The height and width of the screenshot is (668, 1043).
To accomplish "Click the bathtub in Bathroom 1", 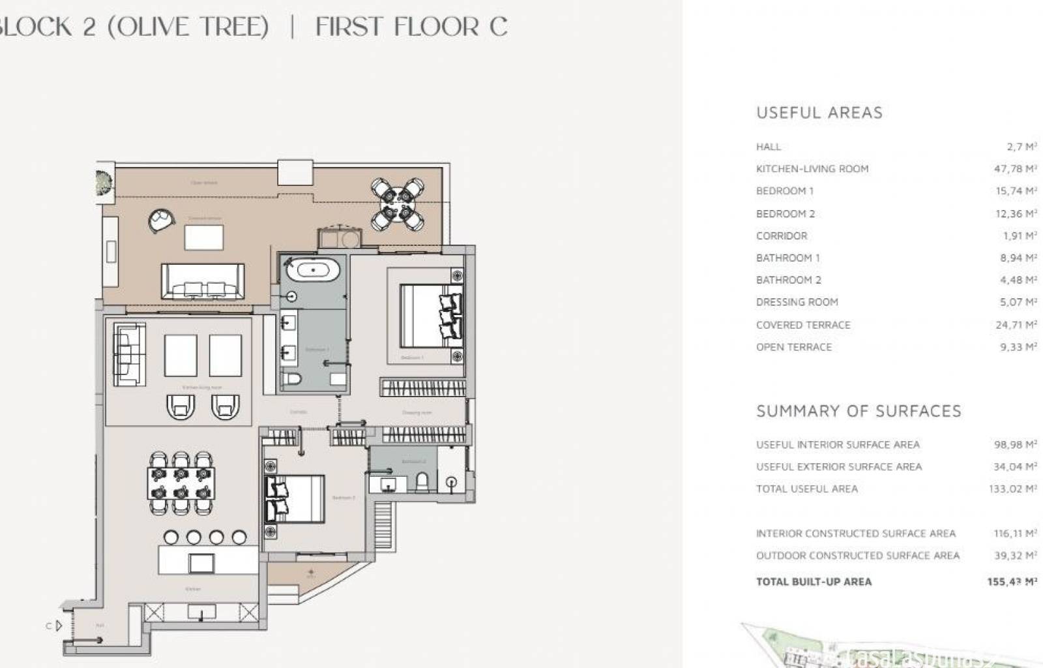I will click(314, 269).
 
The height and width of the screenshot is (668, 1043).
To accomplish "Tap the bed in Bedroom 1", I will click(431, 316).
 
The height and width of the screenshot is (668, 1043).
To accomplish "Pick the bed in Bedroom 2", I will click(294, 499).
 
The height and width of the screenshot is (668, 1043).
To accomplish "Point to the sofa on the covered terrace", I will click(203, 282).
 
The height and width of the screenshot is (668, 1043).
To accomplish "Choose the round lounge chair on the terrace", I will click(160, 220).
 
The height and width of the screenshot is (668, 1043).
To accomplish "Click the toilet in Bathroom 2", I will click(422, 482).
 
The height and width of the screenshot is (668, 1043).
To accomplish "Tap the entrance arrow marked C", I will click(58, 626).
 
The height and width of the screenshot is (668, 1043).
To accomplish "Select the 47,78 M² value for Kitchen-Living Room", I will click(1015, 169).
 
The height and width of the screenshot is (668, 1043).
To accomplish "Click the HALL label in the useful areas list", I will click(769, 147).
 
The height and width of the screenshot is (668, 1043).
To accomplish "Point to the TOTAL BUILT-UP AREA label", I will click(814, 582).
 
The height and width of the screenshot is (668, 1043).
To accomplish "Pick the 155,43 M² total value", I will click(1012, 582).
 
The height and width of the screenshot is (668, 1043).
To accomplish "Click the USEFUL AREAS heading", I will click(819, 113).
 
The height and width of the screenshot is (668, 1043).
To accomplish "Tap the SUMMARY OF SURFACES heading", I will click(859, 411).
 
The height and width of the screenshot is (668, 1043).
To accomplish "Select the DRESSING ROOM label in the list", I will click(797, 302).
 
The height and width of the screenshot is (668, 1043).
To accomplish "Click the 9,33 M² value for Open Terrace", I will click(1018, 347).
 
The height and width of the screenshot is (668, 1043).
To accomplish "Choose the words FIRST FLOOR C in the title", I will click(411, 27).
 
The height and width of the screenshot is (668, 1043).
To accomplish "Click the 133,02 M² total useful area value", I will click(1012, 489).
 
